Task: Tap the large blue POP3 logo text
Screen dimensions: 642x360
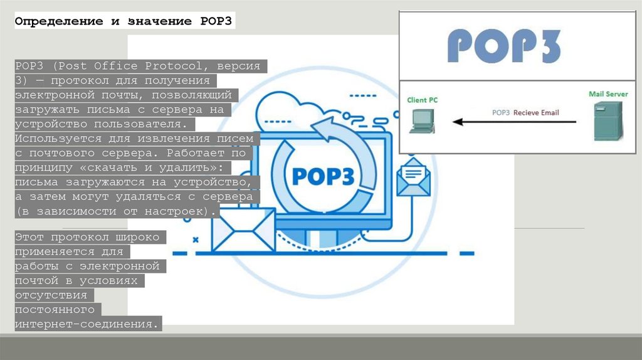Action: [x=505, y=45]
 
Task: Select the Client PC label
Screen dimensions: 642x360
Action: [x=426, y=100]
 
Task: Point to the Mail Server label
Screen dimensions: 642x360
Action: [x=608, y=94]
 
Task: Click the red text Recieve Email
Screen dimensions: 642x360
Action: [x=536, y=113]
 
